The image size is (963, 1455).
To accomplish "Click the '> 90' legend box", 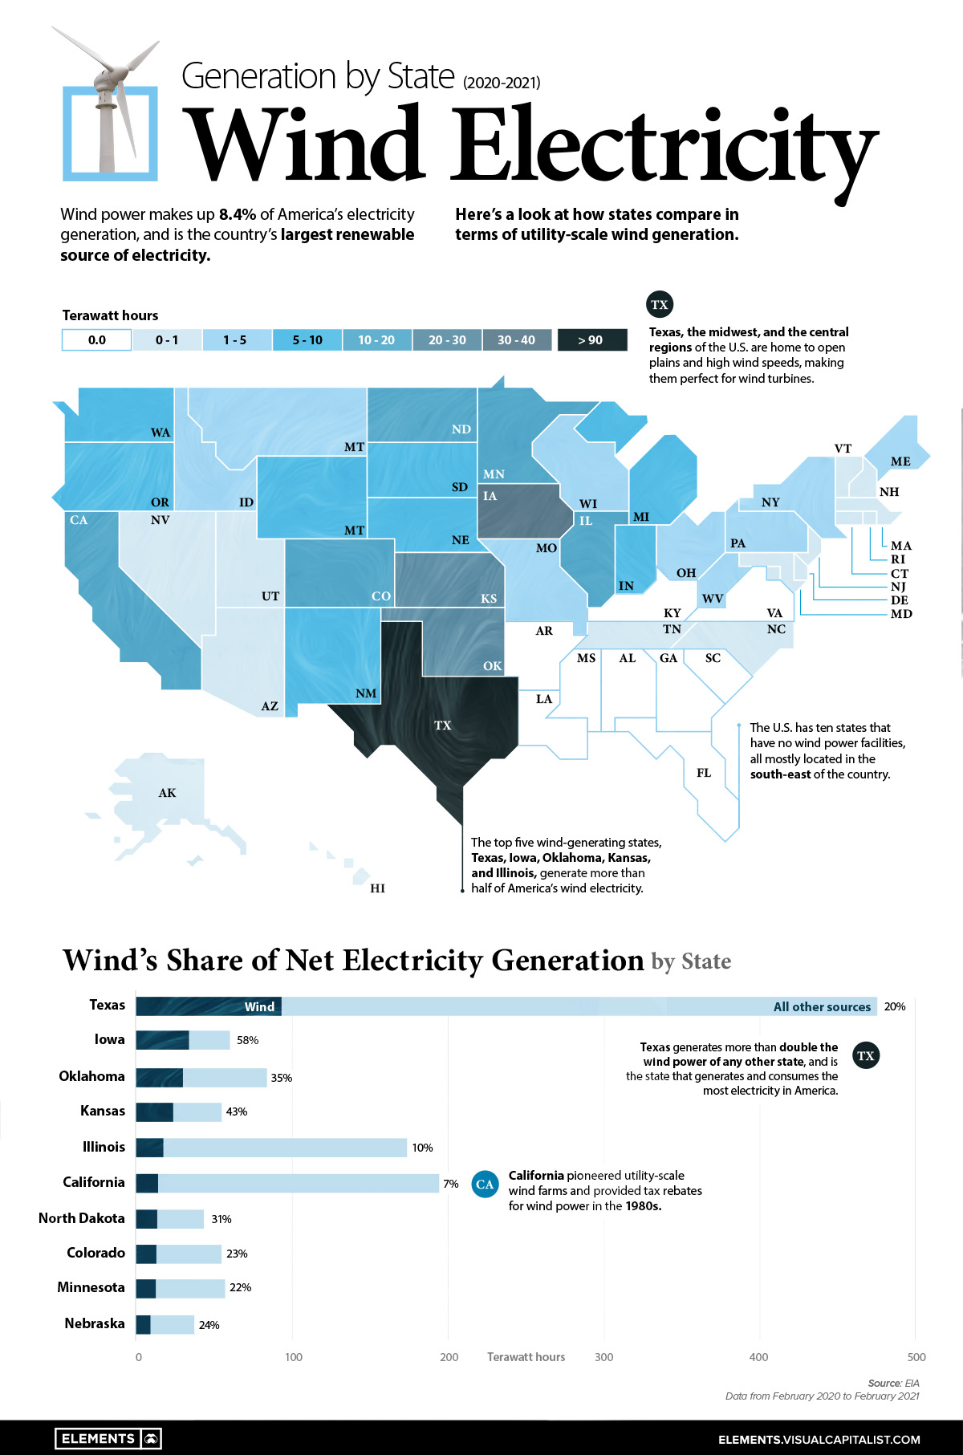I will click(x=591, y=339).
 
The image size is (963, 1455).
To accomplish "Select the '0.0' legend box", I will click(x=96, y=339).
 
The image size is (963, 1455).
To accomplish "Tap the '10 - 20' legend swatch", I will click(x=376, y=339).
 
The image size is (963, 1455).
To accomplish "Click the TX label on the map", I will click(x=442, y=725).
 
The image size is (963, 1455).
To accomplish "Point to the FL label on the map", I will click(x=704, y=773).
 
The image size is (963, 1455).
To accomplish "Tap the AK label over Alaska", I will click(x=167, y=793).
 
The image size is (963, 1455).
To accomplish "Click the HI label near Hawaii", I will click(x=377, y=888).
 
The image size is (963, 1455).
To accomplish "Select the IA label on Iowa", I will click(x=490, y=496).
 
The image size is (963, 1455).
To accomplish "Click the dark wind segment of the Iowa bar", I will click(x=162, y=1040).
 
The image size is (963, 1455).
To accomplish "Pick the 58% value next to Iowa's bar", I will click(x=247, y=1040).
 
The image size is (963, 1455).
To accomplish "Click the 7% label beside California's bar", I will click(x=451, y=1184).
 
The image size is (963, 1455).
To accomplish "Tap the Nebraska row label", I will click(x=95, y=1323).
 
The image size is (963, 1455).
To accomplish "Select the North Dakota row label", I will click(x=82, y=1218).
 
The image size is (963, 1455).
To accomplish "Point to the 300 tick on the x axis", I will click(x=603, y=1357).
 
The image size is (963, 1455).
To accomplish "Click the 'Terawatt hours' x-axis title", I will click(x=526, y=1357).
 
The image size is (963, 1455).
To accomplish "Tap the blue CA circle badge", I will click(x=485, y=1184).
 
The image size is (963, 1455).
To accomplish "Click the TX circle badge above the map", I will click(x=660, y=304).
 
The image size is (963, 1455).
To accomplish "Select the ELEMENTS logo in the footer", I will click(x=108, y=1438).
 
